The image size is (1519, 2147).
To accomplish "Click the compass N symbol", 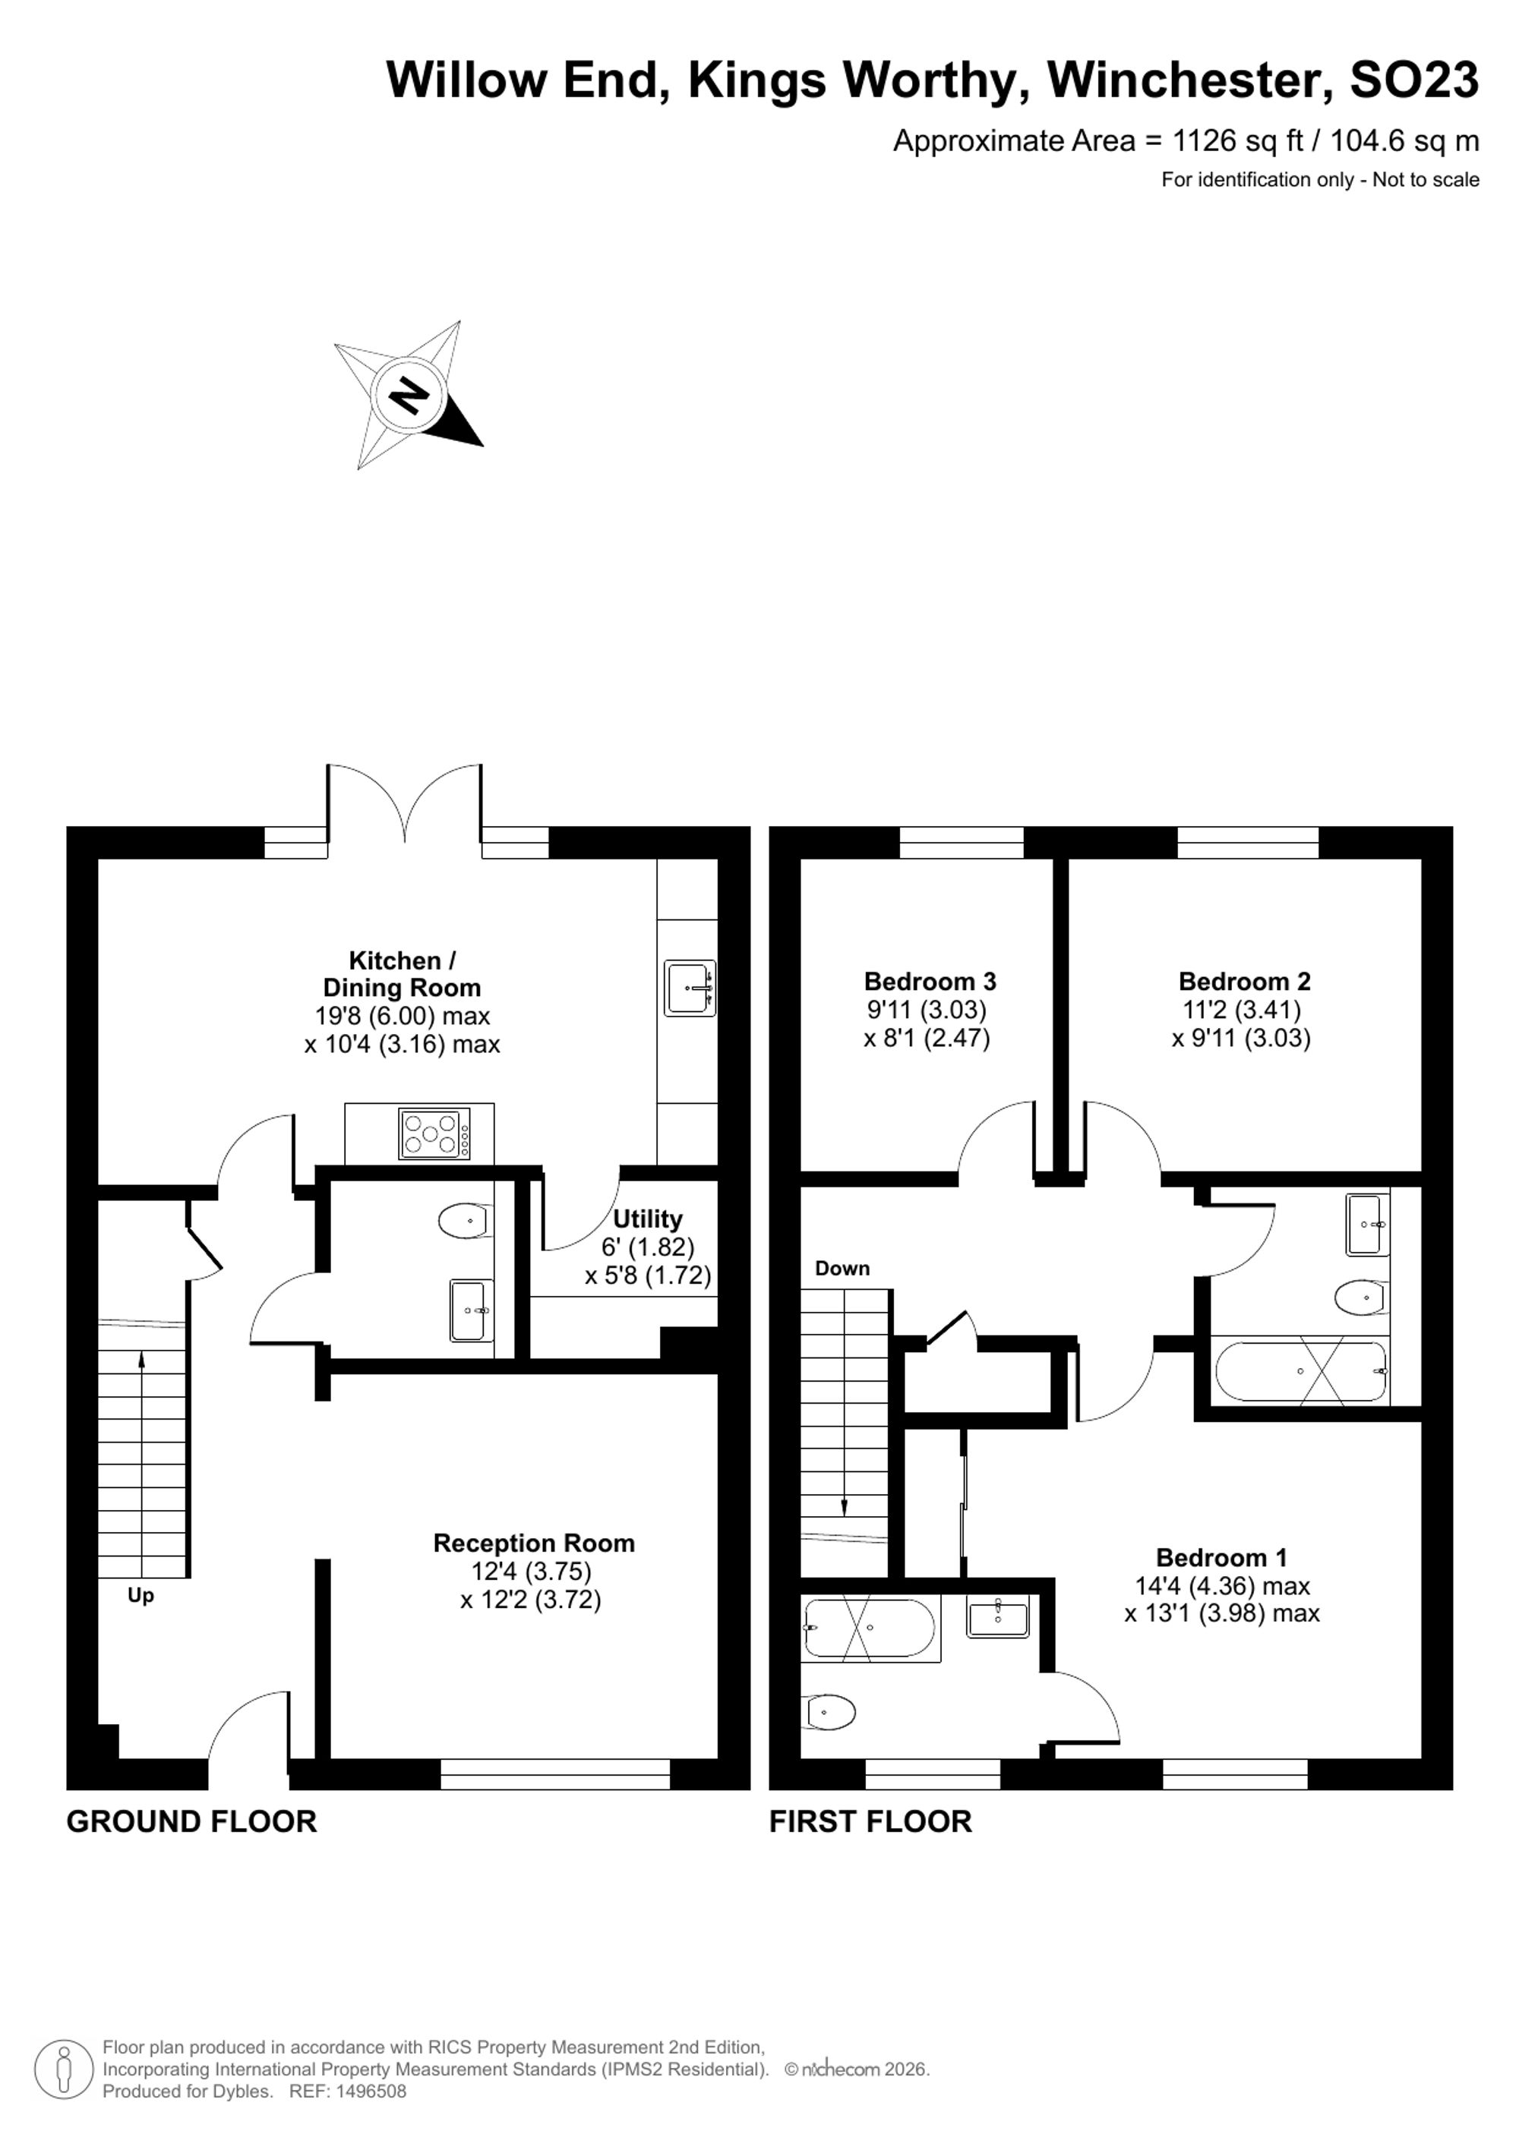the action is [408, 395].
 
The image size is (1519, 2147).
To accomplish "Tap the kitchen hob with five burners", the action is [434, 1133].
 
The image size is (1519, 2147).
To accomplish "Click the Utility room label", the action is [647, 1219].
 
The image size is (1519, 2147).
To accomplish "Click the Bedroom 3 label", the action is [930, 981].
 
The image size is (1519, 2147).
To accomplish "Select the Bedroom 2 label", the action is [1244, 981].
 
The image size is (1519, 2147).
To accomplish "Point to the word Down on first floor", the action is [842, 1268].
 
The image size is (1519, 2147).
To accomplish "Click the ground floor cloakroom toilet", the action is [464, 1222].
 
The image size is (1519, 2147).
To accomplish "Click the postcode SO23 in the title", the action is [1414, 80].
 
